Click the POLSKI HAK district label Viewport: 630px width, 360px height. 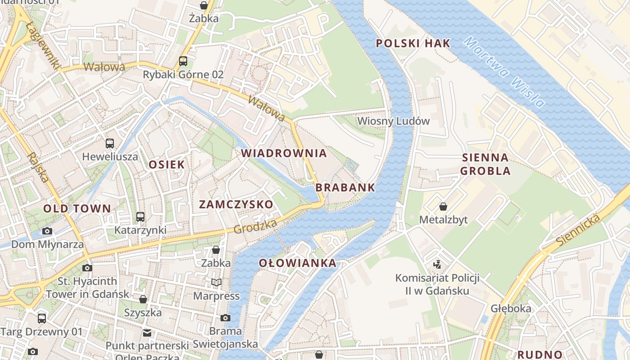413,43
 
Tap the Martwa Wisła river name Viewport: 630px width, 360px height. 504,72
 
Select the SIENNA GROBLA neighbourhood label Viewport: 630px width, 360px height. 486,164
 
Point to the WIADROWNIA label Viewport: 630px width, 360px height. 284,153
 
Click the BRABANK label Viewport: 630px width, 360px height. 345,188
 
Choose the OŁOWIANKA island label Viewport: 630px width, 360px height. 297,263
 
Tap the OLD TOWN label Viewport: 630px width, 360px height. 77,208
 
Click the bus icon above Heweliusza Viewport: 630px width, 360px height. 110,144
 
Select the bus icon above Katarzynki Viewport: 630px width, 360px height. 140,217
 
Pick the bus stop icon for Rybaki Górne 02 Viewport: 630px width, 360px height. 183,61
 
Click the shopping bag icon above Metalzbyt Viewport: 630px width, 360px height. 443,207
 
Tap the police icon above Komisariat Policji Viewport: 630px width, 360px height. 437,264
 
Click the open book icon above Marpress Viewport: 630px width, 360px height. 216,282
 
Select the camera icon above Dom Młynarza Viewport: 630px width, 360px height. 47,231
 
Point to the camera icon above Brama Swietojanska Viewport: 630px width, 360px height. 225,318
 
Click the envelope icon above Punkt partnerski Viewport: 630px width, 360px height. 147,333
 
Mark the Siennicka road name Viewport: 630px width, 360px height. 578,230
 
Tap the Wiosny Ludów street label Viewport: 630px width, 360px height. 393,121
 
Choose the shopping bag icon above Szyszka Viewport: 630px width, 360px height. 143,299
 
